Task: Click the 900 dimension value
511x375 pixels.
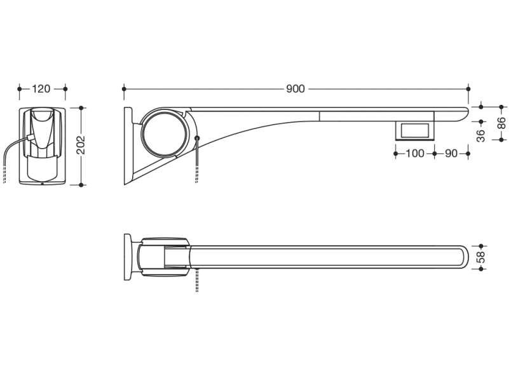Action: (296, 88)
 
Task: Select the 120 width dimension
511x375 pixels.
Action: (41, 88)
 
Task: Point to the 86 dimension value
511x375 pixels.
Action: (502, 123)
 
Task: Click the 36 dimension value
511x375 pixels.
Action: (481, 135)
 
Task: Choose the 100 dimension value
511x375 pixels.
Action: (415, 153)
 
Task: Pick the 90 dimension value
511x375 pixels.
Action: (451, 153)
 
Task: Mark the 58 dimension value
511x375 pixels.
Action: (481, 257)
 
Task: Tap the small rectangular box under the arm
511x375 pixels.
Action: (414, 131)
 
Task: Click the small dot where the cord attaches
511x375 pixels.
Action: (197, 138)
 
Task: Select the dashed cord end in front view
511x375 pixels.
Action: (4, 177)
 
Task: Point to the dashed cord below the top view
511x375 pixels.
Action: (197, 280)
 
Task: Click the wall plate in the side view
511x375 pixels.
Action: (128, 146)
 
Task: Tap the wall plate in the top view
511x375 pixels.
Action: (128, 257)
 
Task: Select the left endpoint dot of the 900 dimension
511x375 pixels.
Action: (124, 88)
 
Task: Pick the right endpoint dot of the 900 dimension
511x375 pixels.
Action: (468, 88)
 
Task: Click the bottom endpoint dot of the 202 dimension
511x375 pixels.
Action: (81, 185)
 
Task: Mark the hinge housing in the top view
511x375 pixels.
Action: (164, 257)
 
